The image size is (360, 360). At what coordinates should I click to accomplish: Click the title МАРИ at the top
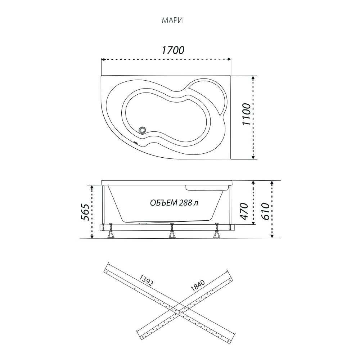[172, 21]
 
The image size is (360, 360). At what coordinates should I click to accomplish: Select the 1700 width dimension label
[173, 50]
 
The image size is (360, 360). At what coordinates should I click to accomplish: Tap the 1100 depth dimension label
[246, 114]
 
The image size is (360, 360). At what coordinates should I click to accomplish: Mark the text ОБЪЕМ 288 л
[174, 203]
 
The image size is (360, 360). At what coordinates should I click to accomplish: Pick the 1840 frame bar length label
[197, 285]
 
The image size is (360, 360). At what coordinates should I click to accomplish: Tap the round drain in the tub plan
[143, 130]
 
